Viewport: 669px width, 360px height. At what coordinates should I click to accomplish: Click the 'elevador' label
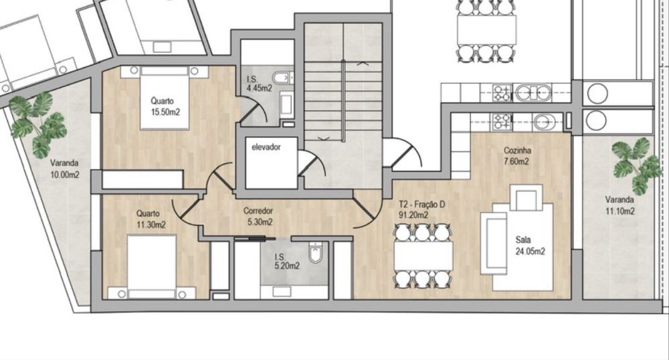265,146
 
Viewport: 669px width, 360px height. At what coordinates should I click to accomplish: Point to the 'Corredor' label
258,211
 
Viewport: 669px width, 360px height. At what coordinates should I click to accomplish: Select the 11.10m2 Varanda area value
619,211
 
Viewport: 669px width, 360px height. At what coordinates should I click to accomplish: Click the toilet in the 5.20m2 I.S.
315,254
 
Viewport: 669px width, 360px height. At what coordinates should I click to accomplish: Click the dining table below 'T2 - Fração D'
423,255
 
